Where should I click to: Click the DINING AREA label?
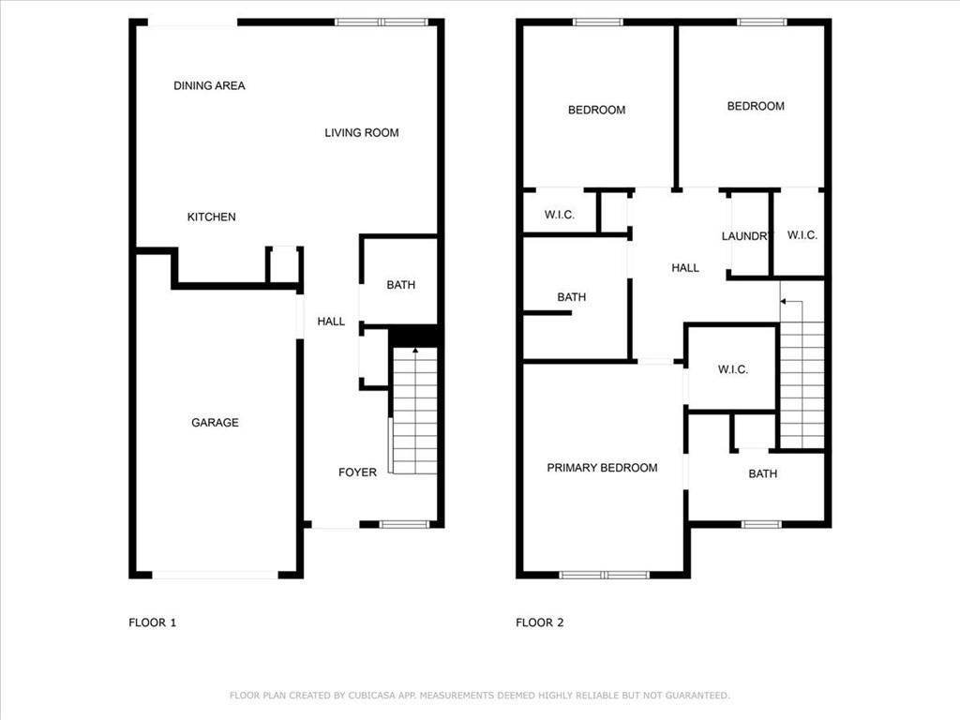coord(209,85)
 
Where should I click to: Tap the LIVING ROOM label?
coord(362,133)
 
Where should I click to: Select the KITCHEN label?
coord(211,217)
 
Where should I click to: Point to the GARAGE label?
coord(215,423)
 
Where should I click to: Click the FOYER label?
coord(357,472)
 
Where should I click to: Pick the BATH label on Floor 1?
coord(401,285)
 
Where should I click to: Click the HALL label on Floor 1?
coord(331,322)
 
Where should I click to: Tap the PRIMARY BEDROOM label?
coord(603,468)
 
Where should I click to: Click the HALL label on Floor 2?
coord(685,267)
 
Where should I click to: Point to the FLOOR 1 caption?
coord(153,622)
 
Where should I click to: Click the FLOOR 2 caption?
coord(539,622)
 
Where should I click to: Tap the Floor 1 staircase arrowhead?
coord(415,351)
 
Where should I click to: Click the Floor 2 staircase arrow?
coord(793,311)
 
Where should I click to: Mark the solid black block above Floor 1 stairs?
coord(413,337)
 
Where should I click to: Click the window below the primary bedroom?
coord(604,575)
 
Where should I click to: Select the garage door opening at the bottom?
coord(215,575)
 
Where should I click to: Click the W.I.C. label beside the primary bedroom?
coord(733,369)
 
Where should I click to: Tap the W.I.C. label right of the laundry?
coord(802,235)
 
